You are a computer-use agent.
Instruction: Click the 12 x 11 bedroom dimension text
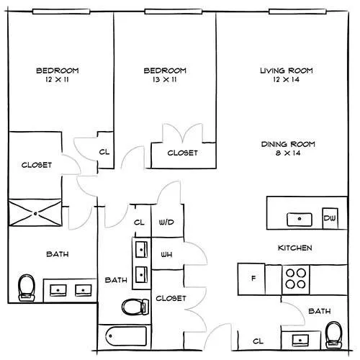click(57, 79)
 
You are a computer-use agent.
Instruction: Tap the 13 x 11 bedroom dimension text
click(165, 79)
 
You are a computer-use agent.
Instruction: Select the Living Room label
click(287, 71)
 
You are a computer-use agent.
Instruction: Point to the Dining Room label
click(288, 144)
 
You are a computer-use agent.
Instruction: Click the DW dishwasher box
click(330, 218)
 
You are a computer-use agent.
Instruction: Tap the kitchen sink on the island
click(300, 220)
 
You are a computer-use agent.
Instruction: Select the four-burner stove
click(296, 279)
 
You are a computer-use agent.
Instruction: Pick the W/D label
click(166, 222)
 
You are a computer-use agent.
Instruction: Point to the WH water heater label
click(166, 254)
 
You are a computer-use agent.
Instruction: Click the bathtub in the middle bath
click(126, 336)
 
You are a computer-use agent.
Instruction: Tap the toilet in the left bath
click(27, 287)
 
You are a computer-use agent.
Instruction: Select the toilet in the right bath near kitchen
click(334, 335)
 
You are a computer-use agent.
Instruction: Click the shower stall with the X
click(35, 213)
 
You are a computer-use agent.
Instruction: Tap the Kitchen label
click(295, 248)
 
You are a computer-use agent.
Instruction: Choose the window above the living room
click(297, 12)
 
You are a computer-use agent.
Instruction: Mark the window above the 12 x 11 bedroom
click(61, 12)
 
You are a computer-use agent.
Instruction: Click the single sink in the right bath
click(300, 341)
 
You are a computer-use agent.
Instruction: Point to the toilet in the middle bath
click(135, 307)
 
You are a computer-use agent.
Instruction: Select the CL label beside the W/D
click(139, 222)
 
